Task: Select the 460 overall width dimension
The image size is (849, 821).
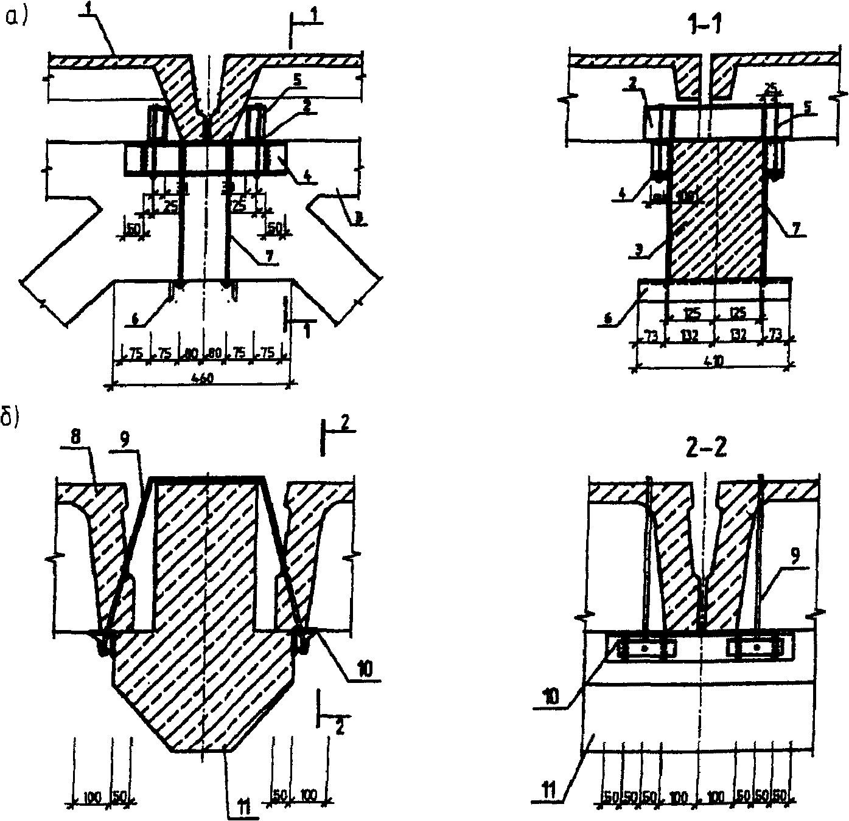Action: tap(202, 378)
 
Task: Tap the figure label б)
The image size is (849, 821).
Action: tap(12, 420)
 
